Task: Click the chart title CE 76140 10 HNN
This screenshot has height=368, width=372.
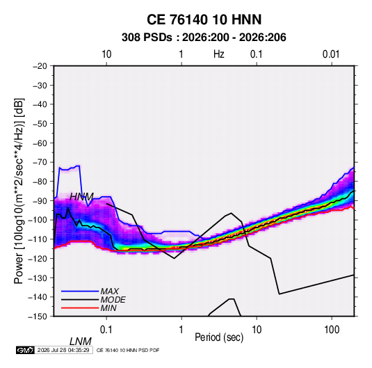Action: tap(204, 19)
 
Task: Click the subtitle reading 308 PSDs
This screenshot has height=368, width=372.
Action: tap(147, 38)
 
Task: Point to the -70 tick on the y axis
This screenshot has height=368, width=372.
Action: tap(40, 162)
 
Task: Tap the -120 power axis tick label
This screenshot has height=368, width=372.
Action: tap(38, 259)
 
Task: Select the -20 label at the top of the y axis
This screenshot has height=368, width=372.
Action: tap(40, 66)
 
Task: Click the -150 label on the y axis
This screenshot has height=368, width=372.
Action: tap(38, 317)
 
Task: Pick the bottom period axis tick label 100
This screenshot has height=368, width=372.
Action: tap(332, 330)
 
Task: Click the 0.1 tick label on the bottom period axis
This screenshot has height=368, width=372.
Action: tap(106, 330)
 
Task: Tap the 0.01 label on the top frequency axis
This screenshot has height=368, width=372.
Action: tap(331, 54)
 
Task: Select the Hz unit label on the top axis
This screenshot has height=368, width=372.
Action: tap(219, 54)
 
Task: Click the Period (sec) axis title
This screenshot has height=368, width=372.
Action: tap(219, 337)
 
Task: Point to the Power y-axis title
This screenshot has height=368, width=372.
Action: tap(19, 191)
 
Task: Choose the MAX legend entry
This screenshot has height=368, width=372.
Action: tap(110, 291)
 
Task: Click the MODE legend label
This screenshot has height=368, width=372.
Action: tap(113, 300)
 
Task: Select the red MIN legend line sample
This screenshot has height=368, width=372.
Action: tap(80, 308)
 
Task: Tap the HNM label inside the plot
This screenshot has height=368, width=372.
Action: tap(81, 197)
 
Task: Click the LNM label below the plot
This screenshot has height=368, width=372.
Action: tap(81, 342)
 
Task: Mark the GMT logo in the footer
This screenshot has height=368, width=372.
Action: tap(26, 350)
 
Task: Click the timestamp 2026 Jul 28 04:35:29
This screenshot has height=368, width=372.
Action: tap(63, 350)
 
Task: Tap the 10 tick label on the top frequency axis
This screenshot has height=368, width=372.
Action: tap(106, 54)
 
